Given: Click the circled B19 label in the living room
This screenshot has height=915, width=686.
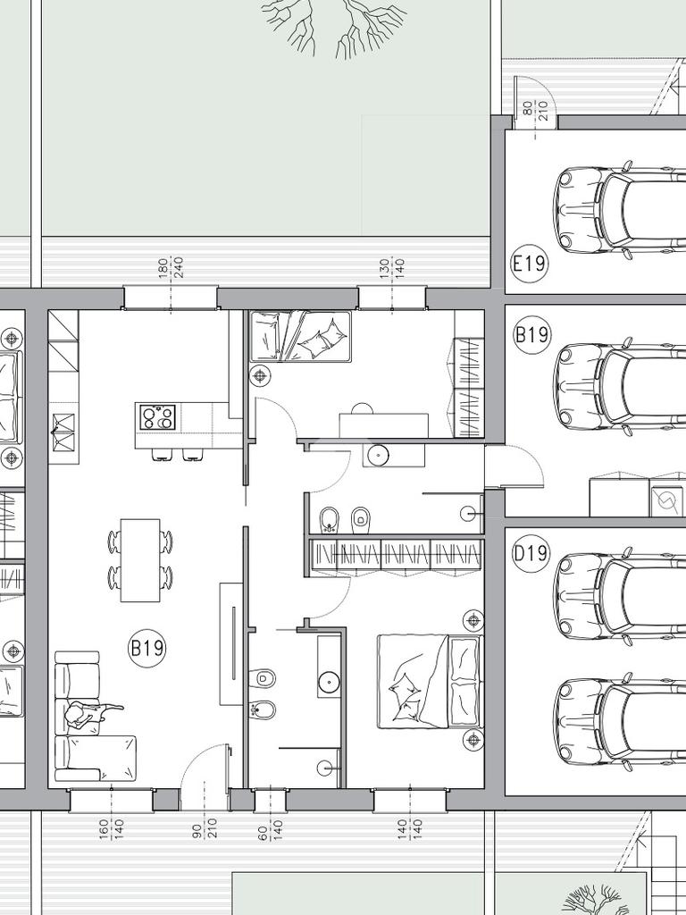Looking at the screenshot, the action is (x=147, y=649).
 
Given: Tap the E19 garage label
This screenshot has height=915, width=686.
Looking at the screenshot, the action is (x=530, y=264).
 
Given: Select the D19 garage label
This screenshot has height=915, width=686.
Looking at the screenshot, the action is (x=531, y=552).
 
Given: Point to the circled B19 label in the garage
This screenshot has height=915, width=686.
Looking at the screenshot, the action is (x=531, y=334).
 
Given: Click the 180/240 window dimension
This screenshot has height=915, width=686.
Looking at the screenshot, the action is (x=171, y=267).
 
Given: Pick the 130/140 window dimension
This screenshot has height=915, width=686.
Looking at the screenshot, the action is (x=392, y=267).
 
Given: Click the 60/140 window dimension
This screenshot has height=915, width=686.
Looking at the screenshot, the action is (x=270, y=835).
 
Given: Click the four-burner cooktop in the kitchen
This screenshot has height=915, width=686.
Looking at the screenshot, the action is (x=157, y=417).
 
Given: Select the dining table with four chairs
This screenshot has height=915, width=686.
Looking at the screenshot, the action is (x=140, y=560).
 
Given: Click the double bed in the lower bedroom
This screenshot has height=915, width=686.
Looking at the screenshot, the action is (x=431, y=682).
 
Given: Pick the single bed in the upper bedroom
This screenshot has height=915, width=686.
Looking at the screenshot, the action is (x=301, y=336).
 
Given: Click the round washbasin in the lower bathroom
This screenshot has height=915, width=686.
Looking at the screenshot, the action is (x=330, y=680).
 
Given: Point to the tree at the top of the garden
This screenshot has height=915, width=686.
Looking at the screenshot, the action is (x=335, y=26).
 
